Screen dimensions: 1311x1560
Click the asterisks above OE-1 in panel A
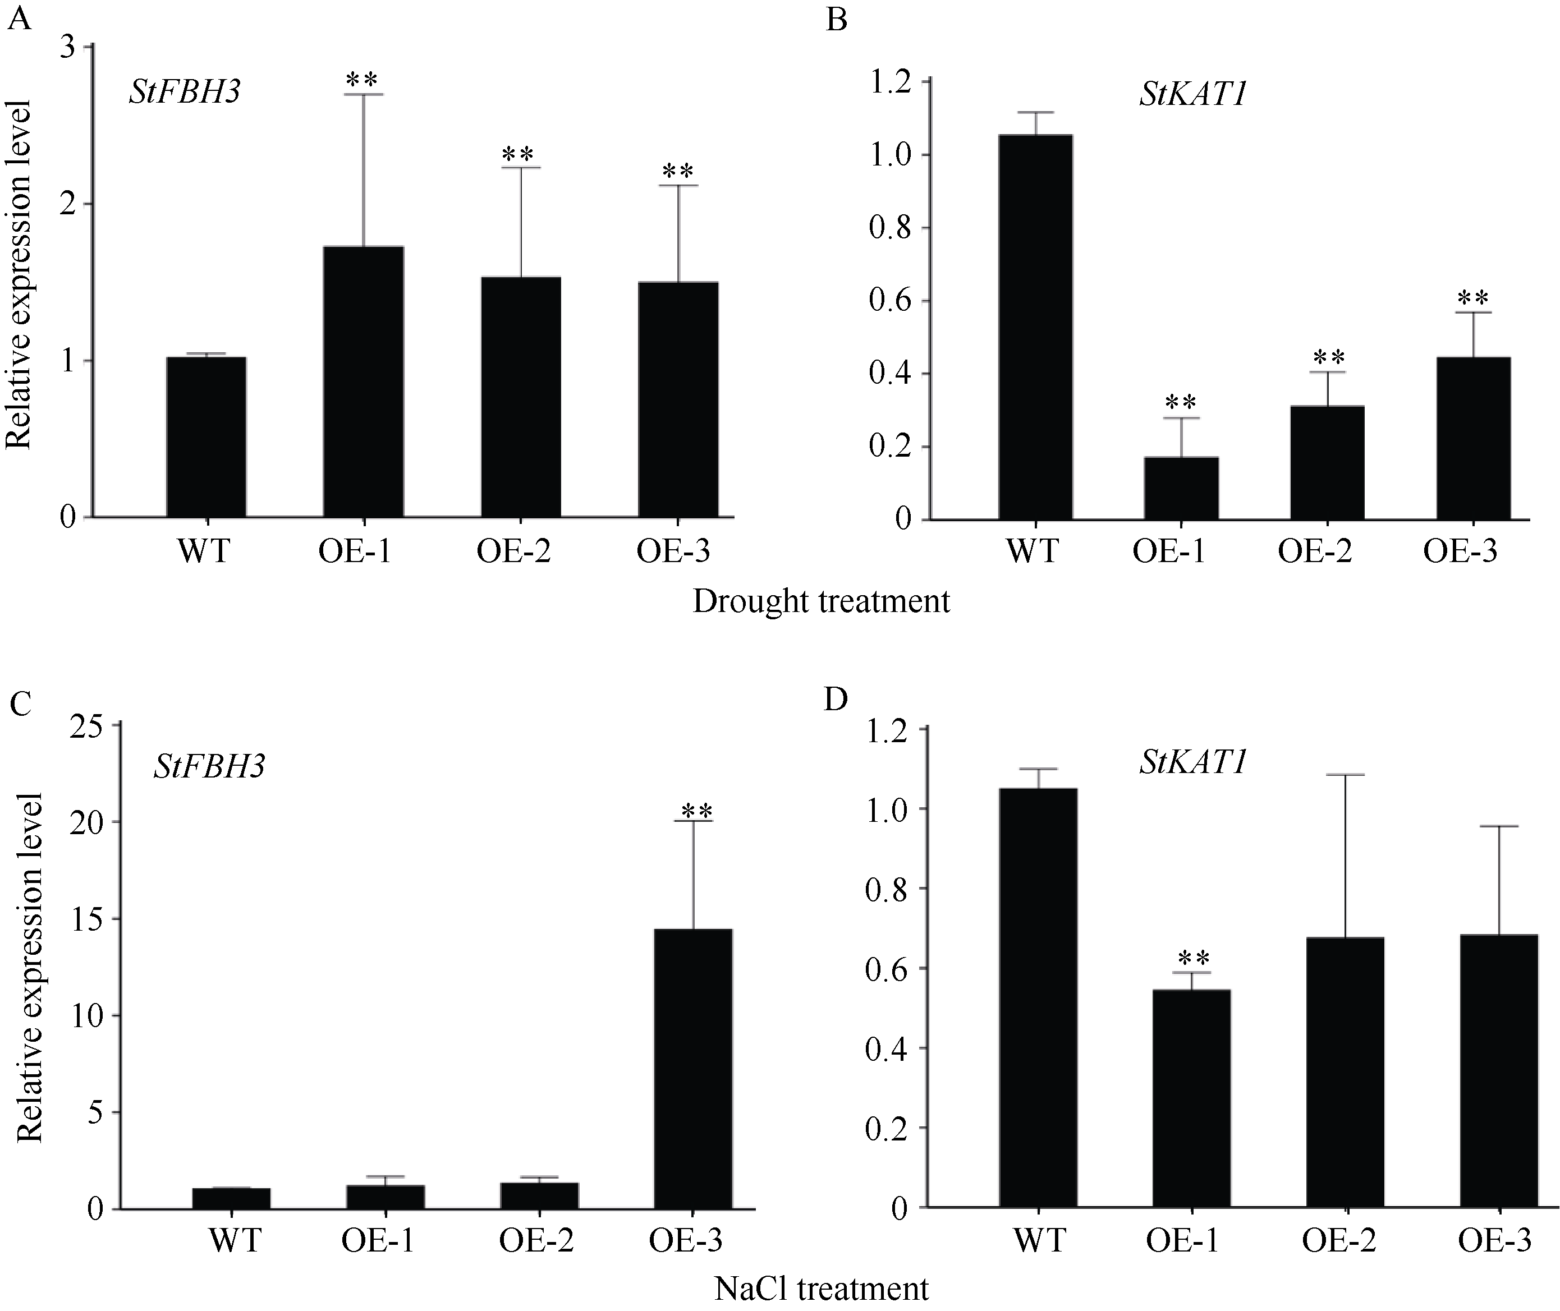click(362, 79)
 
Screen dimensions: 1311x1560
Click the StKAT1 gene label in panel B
click(1192, 96)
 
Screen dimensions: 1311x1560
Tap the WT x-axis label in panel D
click(1039, 1240)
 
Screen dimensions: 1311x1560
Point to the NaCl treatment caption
click(821, 1288)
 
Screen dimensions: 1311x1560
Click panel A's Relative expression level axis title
click(18, 275)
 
